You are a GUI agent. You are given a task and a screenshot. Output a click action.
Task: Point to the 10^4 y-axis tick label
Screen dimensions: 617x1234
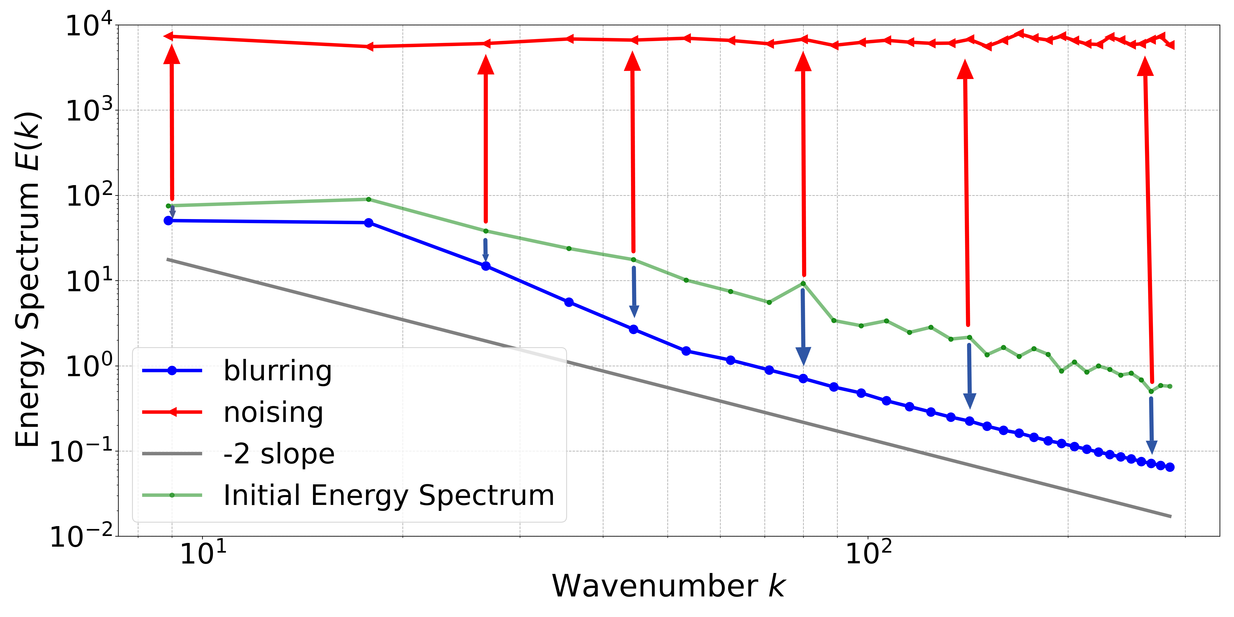[x=89, y=25]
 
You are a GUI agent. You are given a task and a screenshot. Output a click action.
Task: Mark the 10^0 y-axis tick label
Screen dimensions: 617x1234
[x=89, y=366]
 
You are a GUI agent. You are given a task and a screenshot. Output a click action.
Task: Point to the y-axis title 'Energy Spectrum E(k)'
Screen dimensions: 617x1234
[x=28, y=280]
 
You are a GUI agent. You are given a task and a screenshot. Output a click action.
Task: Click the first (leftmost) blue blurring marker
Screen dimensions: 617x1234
[x=168, y=220]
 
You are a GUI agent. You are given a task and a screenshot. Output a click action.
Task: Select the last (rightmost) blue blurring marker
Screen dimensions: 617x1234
[x=1170, y=467]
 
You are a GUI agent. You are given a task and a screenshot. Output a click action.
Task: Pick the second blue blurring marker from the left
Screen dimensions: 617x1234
[x=368, y=223]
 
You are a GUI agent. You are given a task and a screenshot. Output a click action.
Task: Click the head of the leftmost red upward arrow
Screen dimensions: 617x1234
[x=172, y=54]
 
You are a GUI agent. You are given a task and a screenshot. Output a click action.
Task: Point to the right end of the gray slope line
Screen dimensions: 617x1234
[x=1171, y=516]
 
